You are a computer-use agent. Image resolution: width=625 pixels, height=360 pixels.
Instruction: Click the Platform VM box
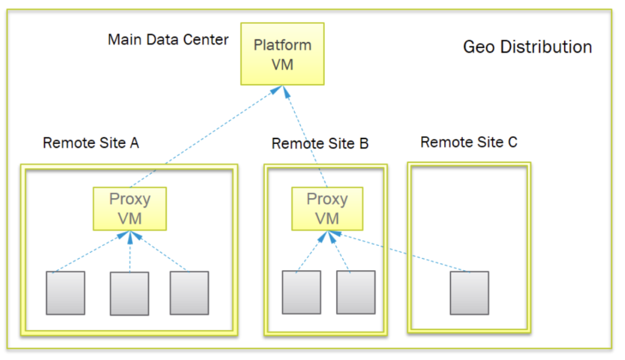click(282, 54)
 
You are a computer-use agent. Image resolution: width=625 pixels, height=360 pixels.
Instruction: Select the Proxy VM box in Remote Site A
click(129, 208)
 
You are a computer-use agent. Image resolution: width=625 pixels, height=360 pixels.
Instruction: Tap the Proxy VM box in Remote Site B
click(327, 208)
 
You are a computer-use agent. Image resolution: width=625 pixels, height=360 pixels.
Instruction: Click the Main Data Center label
click(168, 40)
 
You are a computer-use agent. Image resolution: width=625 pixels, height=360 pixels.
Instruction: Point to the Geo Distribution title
click(527, 47)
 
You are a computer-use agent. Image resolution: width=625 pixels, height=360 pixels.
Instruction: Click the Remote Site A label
click(91, 143)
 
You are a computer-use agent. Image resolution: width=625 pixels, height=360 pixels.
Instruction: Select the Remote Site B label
click(320, 143)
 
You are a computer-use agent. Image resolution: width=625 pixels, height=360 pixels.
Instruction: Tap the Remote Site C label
click(469, 142)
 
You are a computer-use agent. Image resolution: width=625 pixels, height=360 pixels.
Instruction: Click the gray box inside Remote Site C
click(469, 293)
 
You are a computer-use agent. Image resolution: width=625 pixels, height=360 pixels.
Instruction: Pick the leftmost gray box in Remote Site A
click(66, 293)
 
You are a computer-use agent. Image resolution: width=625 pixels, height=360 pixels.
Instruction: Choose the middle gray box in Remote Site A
click(129, 293)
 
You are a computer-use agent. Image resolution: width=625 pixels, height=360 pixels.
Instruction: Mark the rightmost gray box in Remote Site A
click(189, 293)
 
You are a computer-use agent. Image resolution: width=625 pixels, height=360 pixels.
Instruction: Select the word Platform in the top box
click(282, 45)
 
